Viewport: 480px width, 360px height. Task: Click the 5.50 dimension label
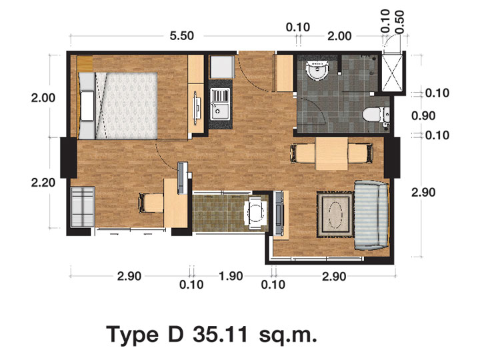pos(182,36)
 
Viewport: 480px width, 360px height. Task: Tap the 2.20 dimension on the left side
pos(43,183)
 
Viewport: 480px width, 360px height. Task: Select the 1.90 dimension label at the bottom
pos(231,276)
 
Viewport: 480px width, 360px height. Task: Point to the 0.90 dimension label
pos(423,116)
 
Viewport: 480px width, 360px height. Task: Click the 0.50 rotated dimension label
pos(400,22)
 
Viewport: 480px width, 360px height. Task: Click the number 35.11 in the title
pos(220,335)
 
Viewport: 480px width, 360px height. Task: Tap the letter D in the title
pos(175,335)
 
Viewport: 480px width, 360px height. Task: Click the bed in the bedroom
pos(118,105)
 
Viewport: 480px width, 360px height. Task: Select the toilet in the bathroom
pos(376,115)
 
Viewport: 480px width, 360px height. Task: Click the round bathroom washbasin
pos(317,70)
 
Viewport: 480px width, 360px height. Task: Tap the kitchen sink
pos(220,104)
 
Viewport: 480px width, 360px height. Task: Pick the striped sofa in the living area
pos(371,215)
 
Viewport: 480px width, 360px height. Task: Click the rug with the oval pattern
pos(335,214)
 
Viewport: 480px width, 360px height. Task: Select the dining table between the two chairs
pos(331,154)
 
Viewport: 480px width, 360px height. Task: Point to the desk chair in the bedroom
pos(151,203)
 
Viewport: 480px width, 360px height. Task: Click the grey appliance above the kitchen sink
pos(222,67)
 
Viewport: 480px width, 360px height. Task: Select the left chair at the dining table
pos(303,153)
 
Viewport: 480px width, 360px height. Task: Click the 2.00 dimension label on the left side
pos(43,98)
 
